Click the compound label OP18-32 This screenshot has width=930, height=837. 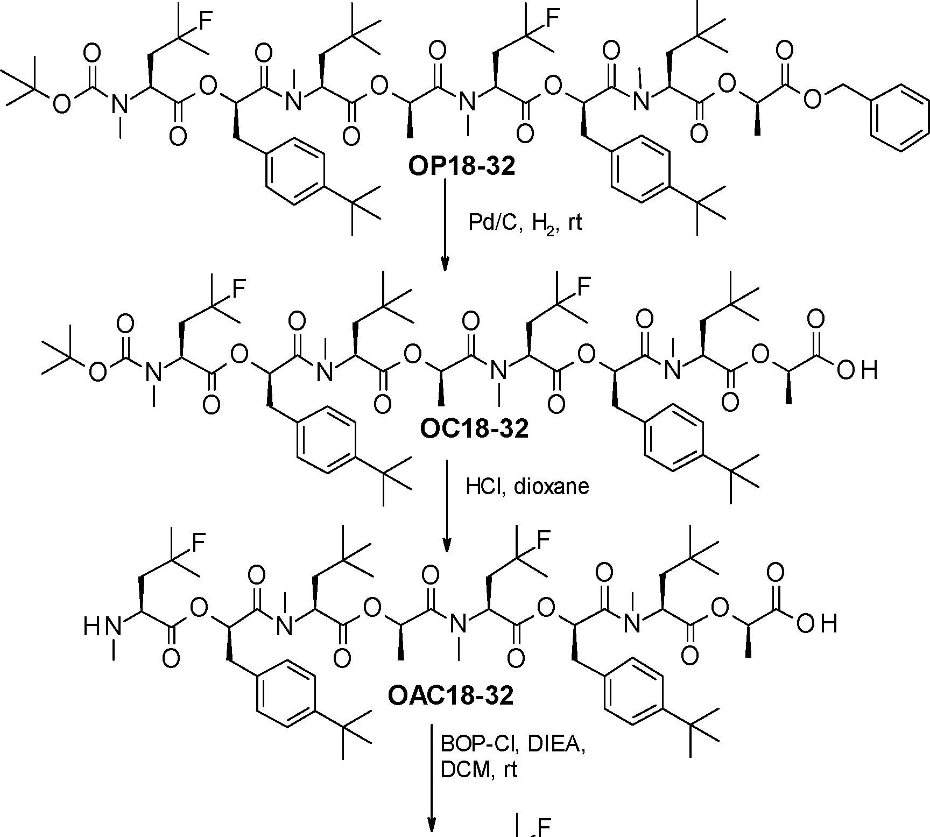[461, 167]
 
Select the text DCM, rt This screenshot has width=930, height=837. [478, 770]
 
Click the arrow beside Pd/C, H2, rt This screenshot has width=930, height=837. [445, 226]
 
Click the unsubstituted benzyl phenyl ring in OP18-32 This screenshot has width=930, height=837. [896, 114]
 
